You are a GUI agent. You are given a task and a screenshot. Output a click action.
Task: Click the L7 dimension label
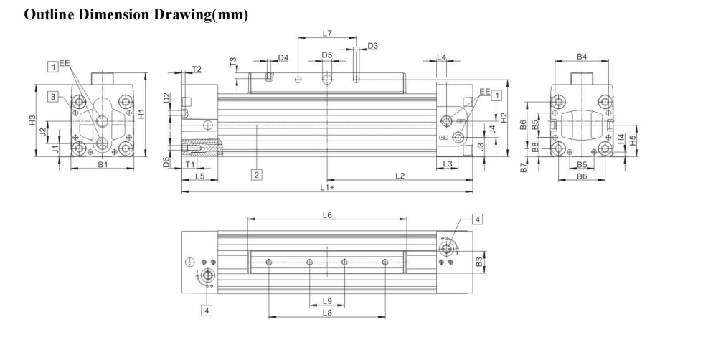(x=327, y=33)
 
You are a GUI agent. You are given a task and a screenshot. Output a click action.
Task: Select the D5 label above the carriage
(x=327, y=55)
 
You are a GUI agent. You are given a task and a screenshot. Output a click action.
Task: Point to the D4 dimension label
(x=283, y=57)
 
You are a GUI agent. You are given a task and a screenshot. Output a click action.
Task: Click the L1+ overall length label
(x=327, y=187)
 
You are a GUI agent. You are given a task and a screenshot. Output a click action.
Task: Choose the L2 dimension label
(x=400, y=176)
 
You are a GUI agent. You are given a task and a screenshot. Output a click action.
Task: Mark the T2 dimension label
(x=197, y=69)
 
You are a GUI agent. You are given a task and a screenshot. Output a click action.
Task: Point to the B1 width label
(x=103, y=165)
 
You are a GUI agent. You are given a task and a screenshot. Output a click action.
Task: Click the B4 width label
(x=582, y=56)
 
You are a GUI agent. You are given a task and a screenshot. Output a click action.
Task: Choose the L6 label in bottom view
(x=327, y=215)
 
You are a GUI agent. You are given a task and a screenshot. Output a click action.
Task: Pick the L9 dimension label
(x=327, y=301)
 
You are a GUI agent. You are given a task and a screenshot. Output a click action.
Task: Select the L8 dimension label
(x=327, y=313)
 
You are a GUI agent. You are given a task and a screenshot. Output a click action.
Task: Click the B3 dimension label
(x=479, y=262)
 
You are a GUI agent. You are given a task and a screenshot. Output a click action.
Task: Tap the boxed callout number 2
(x=255, y=174)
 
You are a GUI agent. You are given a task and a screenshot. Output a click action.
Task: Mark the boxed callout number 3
(x=52, y=96)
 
